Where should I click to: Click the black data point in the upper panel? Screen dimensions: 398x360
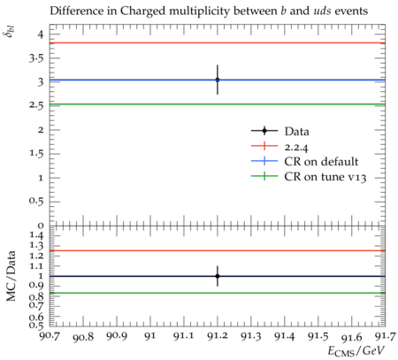218,80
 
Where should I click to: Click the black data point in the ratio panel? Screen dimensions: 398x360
218,276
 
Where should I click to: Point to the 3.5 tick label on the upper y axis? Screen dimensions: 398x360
36,58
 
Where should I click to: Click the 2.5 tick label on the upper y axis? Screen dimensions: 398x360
36,105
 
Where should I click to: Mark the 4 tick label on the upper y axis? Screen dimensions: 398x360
40,34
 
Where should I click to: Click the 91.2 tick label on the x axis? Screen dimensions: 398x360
218,336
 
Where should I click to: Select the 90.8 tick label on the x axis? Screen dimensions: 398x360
83,337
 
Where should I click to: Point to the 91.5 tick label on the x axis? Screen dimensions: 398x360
318,336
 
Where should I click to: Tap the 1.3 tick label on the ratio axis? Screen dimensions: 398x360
36,245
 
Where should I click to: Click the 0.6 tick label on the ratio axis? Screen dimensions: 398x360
36,318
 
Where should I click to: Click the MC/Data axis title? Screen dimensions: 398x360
11,276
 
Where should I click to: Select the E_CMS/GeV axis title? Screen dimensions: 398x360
356,351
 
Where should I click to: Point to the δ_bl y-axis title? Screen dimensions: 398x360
11,32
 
